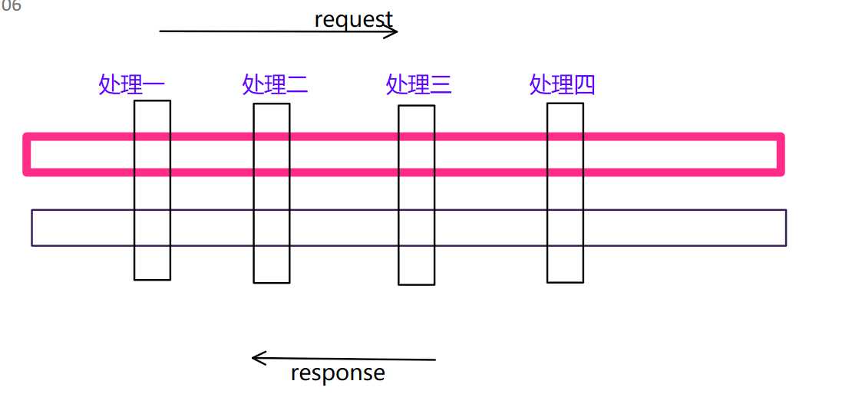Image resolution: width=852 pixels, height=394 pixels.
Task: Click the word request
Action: tap(353, 18)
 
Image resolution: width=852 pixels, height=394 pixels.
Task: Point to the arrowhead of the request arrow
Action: tap(395, 31)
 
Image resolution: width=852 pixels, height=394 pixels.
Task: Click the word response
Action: tap(338, 373)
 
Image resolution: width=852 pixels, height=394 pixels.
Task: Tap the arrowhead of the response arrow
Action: tap(256, 357)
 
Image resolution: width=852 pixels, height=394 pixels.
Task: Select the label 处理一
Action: tap(131, 84)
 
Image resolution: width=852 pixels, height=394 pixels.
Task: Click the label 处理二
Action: tap(275, 84)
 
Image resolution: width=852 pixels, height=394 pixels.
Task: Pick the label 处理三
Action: tap(418, 84)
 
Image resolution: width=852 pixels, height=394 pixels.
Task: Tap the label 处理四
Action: tap(562, 84)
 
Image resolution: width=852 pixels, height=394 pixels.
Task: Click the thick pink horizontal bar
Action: tap(476, 139)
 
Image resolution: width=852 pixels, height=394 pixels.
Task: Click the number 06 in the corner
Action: tap(12, 7)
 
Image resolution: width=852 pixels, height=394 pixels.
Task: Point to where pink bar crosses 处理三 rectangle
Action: tap(416, 155)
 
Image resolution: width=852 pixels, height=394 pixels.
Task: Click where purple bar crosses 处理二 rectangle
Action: tap(272, 228)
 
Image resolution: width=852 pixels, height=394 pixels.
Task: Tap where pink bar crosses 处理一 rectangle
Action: tap(152, 155)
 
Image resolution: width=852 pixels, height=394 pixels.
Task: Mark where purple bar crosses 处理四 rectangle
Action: tap(565, 228)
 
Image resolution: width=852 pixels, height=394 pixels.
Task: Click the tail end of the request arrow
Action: tap(161, 31)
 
